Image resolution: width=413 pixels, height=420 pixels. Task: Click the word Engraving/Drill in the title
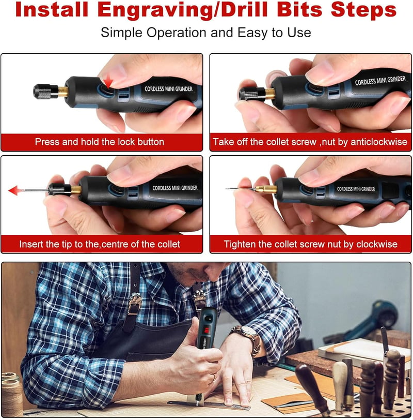tap(183, 10)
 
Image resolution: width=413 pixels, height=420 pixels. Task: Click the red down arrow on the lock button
tap(108, 81)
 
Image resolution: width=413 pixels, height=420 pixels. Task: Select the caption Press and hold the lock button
tap(100, 142)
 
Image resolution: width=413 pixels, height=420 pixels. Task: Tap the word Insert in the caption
tap(31, 244)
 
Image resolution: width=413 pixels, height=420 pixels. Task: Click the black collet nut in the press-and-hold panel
tap(46, 92)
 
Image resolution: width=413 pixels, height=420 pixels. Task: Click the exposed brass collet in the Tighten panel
tap(265, 189)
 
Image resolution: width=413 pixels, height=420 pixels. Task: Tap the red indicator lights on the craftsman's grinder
tap(206, 331)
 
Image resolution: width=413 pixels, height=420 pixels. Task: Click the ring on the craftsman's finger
tap(214, 378)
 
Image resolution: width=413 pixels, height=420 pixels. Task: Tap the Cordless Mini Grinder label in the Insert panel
tap(175, 188)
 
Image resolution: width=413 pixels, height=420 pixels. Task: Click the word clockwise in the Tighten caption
tap(377, 244)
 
